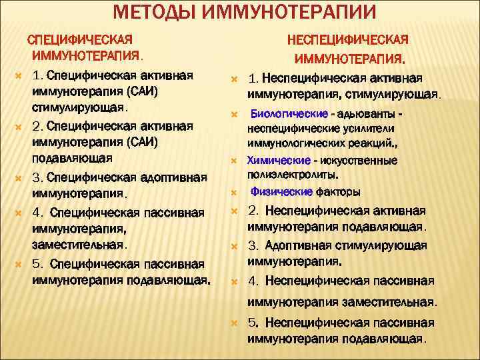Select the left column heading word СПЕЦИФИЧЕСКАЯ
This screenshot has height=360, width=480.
pos(79,39)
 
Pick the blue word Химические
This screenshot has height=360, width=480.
pos(278,161)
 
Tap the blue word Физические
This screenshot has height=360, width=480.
pos(282,192)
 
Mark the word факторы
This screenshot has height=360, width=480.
pos(339,192)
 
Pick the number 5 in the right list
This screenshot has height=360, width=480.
pos(252,323)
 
